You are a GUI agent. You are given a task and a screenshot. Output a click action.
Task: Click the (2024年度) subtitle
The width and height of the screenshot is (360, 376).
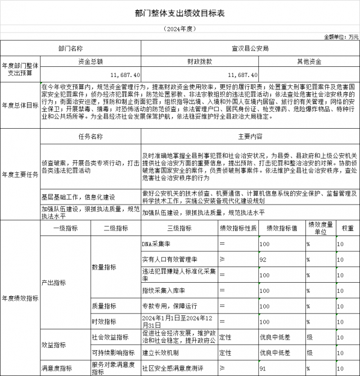pos(179,28)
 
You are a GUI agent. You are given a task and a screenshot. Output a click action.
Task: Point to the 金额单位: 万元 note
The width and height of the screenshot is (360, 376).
pos(341,37)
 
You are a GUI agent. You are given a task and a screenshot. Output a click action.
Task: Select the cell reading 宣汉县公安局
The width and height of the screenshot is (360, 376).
pos(250,49)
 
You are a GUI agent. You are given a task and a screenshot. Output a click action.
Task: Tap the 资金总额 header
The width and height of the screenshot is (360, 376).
pos(91,61)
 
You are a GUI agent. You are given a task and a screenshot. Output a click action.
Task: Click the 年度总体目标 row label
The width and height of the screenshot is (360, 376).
pos(20,105)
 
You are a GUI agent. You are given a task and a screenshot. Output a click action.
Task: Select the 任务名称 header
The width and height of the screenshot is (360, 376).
pos(91,137)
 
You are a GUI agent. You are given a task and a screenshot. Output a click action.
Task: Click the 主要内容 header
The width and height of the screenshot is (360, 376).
pos(250,137)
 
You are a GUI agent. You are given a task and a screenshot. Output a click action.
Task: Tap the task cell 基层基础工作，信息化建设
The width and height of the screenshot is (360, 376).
pos(78,197)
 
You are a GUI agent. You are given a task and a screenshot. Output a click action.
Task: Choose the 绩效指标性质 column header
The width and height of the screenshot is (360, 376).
pos(238,228)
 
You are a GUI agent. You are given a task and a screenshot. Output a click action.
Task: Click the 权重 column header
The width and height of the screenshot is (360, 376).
pos(348,228)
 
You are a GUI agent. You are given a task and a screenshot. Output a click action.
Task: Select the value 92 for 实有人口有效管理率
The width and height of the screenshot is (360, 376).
pos(263,260)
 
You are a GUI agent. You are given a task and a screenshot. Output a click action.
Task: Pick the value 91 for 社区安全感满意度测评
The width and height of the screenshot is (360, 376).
pos(263,368)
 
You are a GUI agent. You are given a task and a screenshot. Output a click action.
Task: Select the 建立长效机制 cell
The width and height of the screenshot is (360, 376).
pos(161,353)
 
